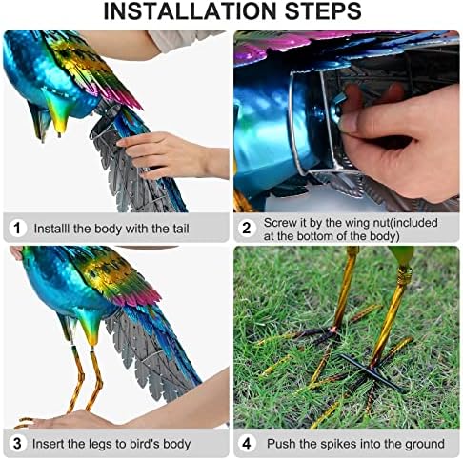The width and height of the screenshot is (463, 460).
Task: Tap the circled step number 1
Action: click(17, 229)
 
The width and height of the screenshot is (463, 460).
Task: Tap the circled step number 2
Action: click(247, 229)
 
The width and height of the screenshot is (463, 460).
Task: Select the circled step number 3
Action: click(17, 444)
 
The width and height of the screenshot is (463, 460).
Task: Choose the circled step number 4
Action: click(247, 444)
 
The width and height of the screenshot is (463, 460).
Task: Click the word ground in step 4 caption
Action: click(422, 444)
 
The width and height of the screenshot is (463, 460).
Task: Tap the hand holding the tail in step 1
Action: click(167, 152)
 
